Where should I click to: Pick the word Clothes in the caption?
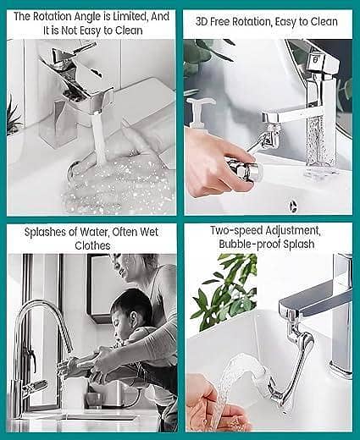point(92,245)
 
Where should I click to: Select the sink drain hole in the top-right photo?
point(294,204)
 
